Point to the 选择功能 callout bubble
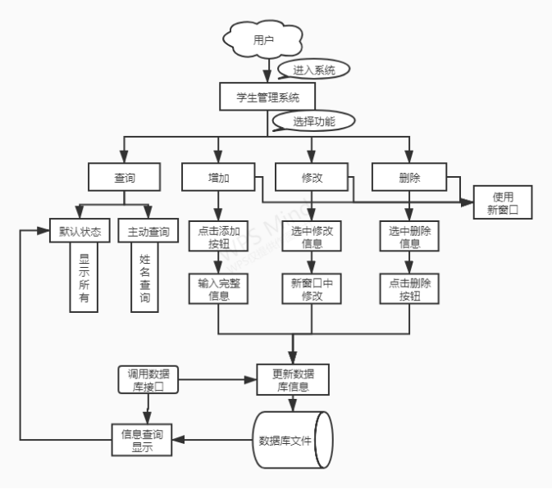coord(316,122)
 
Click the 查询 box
coord(124,177)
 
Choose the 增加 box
coord(218,177)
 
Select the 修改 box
coord(311,177)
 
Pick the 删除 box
coord(408,177)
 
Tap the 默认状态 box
coord(80,232)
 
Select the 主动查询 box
coord(148,232)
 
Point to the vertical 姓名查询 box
coord(145,278)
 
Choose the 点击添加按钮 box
coord(218,238)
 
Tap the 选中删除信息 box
coord(409,238)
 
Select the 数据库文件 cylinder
coord(293,440)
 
